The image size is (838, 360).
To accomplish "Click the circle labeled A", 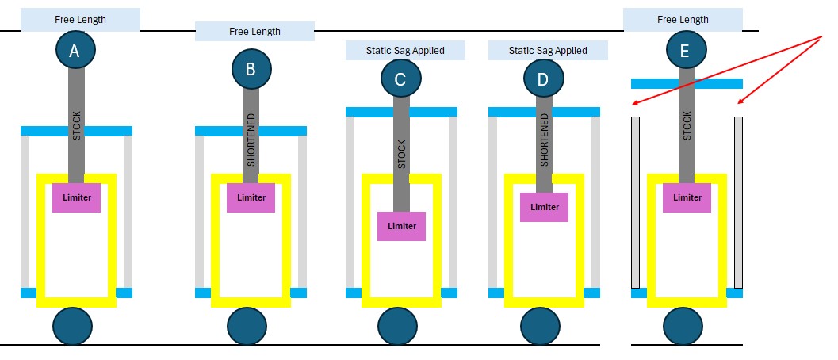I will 75,51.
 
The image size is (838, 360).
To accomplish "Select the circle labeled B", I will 251,68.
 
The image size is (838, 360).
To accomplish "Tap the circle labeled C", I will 401,79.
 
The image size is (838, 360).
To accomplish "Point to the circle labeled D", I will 544,79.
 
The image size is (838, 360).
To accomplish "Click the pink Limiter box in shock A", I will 77,197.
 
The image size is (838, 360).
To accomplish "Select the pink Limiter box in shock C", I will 401,226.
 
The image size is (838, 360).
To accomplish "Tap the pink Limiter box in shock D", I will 544,207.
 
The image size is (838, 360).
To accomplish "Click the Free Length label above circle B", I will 254,32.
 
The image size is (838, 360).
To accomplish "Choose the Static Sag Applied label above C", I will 405,51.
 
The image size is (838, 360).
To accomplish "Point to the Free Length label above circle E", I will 683,19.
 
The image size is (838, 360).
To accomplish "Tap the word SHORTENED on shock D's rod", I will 544,140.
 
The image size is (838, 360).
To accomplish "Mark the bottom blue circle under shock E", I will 683,326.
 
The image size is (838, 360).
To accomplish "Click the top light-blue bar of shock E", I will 687,83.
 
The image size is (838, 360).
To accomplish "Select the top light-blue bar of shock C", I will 401,112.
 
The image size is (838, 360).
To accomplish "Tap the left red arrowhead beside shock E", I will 635,104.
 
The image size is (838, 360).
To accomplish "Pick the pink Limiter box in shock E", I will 687,197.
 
